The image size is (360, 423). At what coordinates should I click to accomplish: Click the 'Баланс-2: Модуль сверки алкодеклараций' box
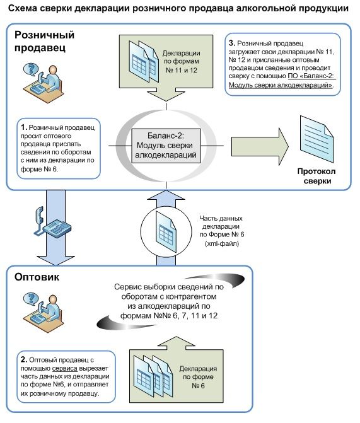click(x=166, y=146)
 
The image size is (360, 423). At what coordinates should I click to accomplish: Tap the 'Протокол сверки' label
click(x=316, y=176)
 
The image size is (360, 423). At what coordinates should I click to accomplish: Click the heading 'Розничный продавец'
click(x=44, y=41)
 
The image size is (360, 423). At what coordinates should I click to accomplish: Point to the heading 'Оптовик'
click(x=37, y=277)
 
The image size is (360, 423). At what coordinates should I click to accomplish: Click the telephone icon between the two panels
click(x=52, y=222)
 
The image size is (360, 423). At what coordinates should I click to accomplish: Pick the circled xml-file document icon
click(x=166, y=232)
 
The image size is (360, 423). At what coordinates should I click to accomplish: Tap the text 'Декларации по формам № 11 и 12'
click(x=182, y=62)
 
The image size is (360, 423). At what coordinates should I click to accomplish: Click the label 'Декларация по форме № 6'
click(x=198, y=377)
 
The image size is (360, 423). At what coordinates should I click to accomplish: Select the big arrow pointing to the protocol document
click(x=260, y=146)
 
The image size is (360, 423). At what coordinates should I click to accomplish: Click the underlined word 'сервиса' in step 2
click(x=65, y=368)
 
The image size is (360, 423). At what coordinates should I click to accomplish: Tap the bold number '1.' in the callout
click(x=24, y=127)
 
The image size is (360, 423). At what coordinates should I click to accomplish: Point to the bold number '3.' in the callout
click(x=232, y=43)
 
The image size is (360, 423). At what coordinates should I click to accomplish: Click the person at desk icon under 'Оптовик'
click(x=43, y=312)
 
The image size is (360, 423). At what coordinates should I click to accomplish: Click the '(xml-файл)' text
click(x=222, y=243)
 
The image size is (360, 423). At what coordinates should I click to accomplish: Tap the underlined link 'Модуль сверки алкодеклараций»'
click(x=281, y=85)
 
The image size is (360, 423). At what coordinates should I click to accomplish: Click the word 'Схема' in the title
click(x=23, y=8)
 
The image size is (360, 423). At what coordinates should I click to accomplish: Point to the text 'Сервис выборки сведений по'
click(x=169, y=287)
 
